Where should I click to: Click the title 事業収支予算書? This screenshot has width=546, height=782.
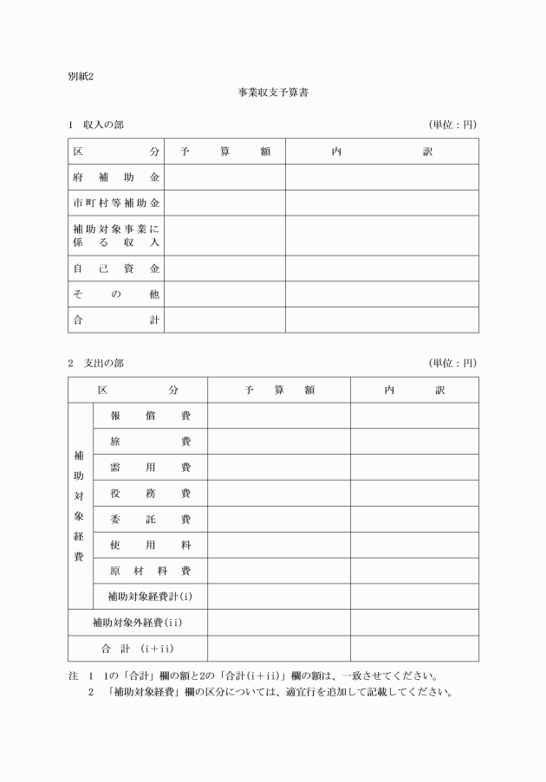point(273,91)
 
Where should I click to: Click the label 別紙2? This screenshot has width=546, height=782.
point(81,75)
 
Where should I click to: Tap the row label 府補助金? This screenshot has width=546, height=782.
point(116,177)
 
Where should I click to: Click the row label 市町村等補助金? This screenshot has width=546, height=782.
point(116,203)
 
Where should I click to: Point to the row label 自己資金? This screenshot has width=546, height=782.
point(116,268)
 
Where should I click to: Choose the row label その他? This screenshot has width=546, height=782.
point(116,294)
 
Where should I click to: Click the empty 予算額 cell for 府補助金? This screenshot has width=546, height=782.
point(224,177)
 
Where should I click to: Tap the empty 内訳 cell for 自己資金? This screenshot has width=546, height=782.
point(381,268)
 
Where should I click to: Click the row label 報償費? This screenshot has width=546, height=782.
point(150,416)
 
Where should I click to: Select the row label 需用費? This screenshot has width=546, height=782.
point(150,468)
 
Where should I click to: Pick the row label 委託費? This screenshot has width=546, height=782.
point(150,520)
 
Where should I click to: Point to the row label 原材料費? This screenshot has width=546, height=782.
point(150,572)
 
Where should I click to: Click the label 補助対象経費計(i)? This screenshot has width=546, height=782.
point(150,597)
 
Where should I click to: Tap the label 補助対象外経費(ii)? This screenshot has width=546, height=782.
point(138,623)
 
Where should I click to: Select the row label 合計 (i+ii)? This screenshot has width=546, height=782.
point(138,649)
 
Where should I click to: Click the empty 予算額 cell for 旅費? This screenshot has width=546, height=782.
point(278,442)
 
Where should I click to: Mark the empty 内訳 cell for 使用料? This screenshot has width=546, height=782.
point(414,546)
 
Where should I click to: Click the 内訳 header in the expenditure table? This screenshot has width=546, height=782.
point(414,391)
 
